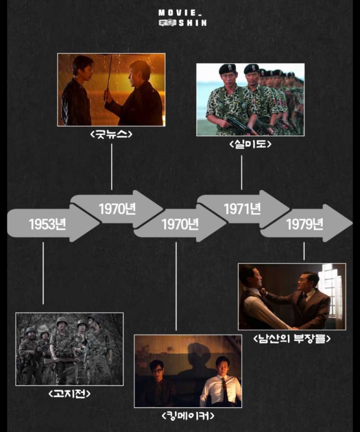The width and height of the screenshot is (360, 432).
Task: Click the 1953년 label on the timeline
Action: pyautogui.click(x=47, y=224)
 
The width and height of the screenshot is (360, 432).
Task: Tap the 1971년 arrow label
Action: pyautogui.click(x=242, y=209)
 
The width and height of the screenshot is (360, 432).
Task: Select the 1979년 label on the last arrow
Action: pyautogui.click(x=304, y=224)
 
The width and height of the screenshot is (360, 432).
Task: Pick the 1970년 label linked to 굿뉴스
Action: pyautogui.click(x=117, y=209)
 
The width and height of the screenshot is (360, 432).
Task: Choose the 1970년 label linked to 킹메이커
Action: pyautogui.click(x=180, y=224)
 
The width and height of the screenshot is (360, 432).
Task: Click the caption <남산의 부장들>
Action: pyautogui.click(x=292, y=339)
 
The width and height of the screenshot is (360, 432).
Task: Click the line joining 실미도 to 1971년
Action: pyautogui.click(x=241, y=172)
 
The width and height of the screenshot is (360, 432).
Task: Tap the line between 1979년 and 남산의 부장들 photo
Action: pyautogui.click(x=304, y=251)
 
